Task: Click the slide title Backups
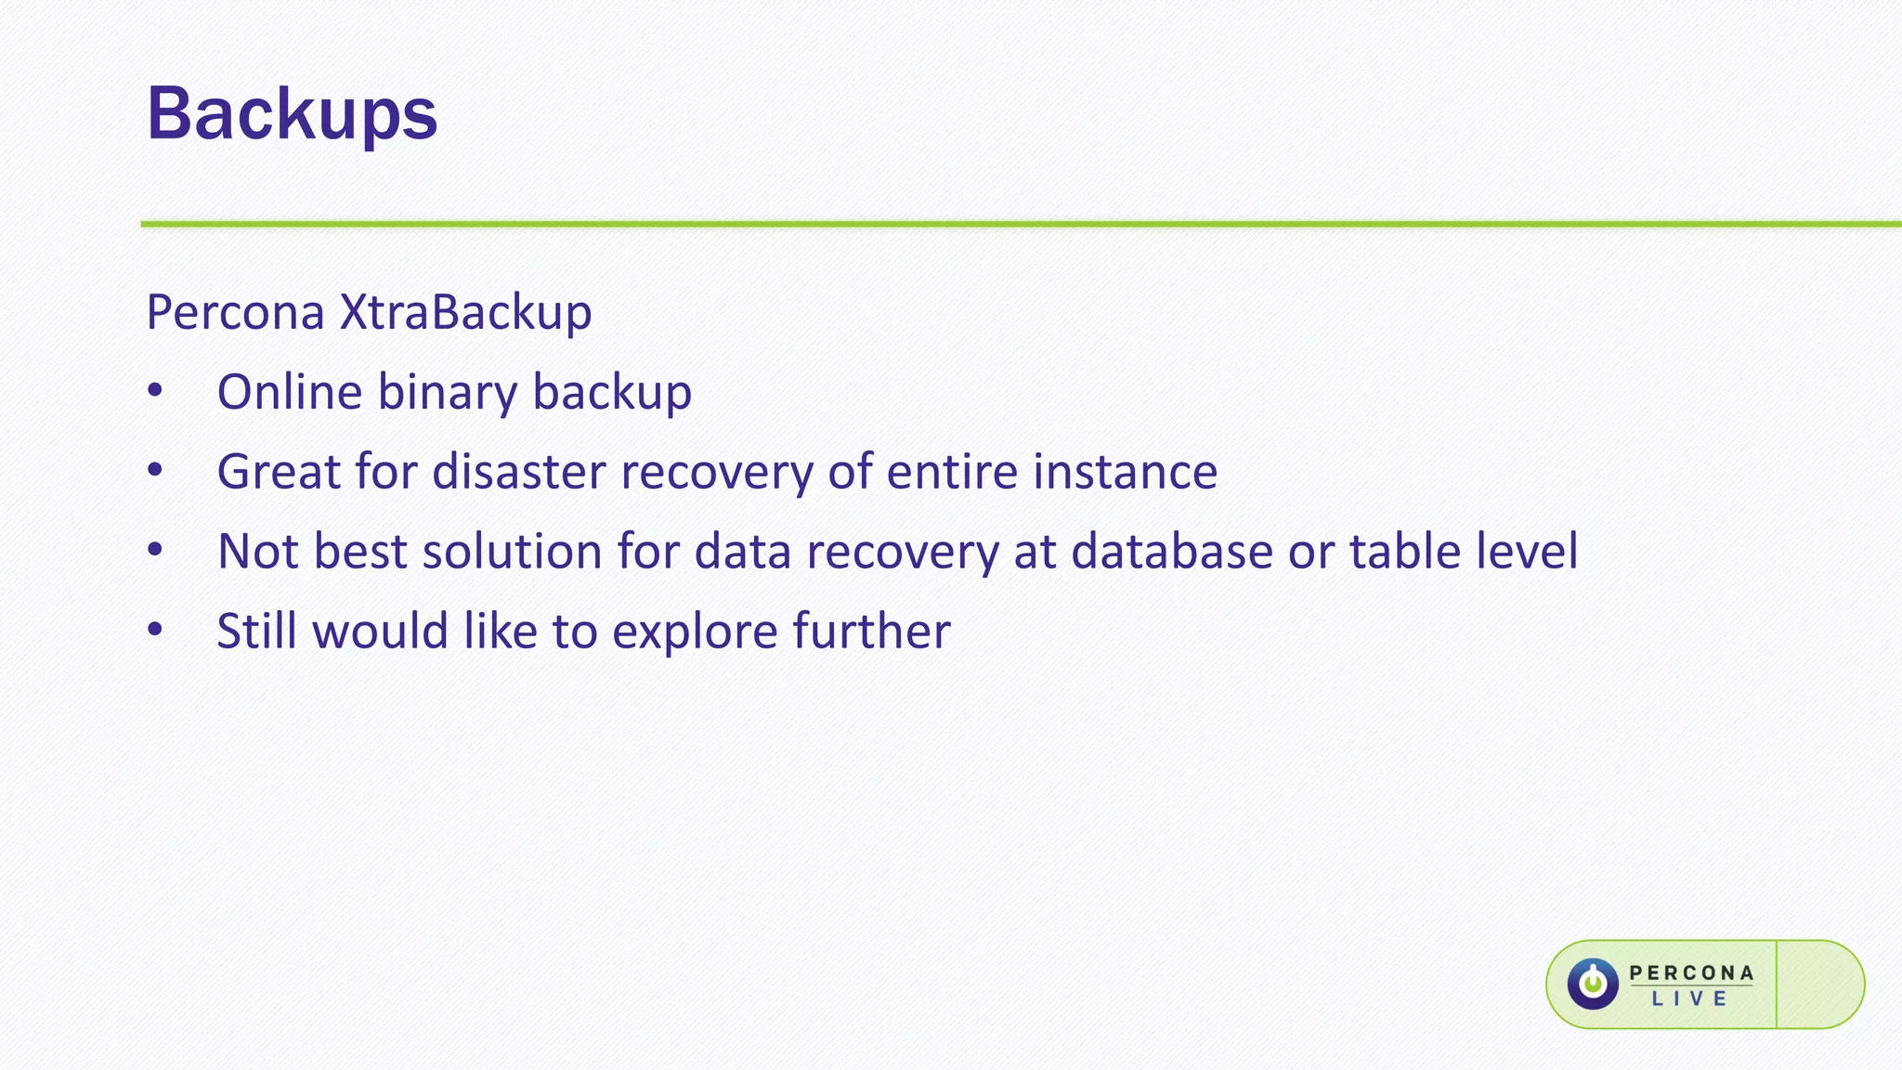click(292, 114)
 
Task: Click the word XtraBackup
click(465, 312)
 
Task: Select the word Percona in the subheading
click(235, 312)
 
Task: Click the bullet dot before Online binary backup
click(155, 392)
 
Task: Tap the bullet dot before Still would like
click(155, 631)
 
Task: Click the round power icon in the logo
click(1593, 984)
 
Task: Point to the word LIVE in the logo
click(1690, 999)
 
